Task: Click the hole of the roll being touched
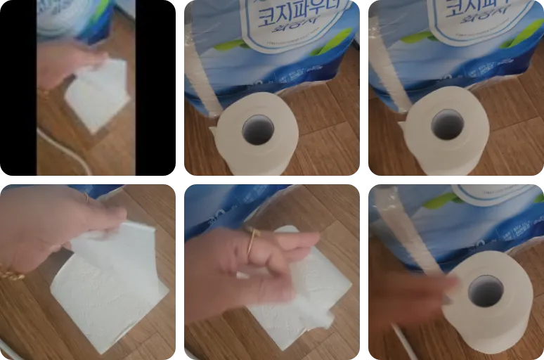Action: pos(486,290)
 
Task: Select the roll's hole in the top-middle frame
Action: pos(259,129)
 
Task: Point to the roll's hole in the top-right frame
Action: pos(448,124)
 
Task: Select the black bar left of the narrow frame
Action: pos(18,88)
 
